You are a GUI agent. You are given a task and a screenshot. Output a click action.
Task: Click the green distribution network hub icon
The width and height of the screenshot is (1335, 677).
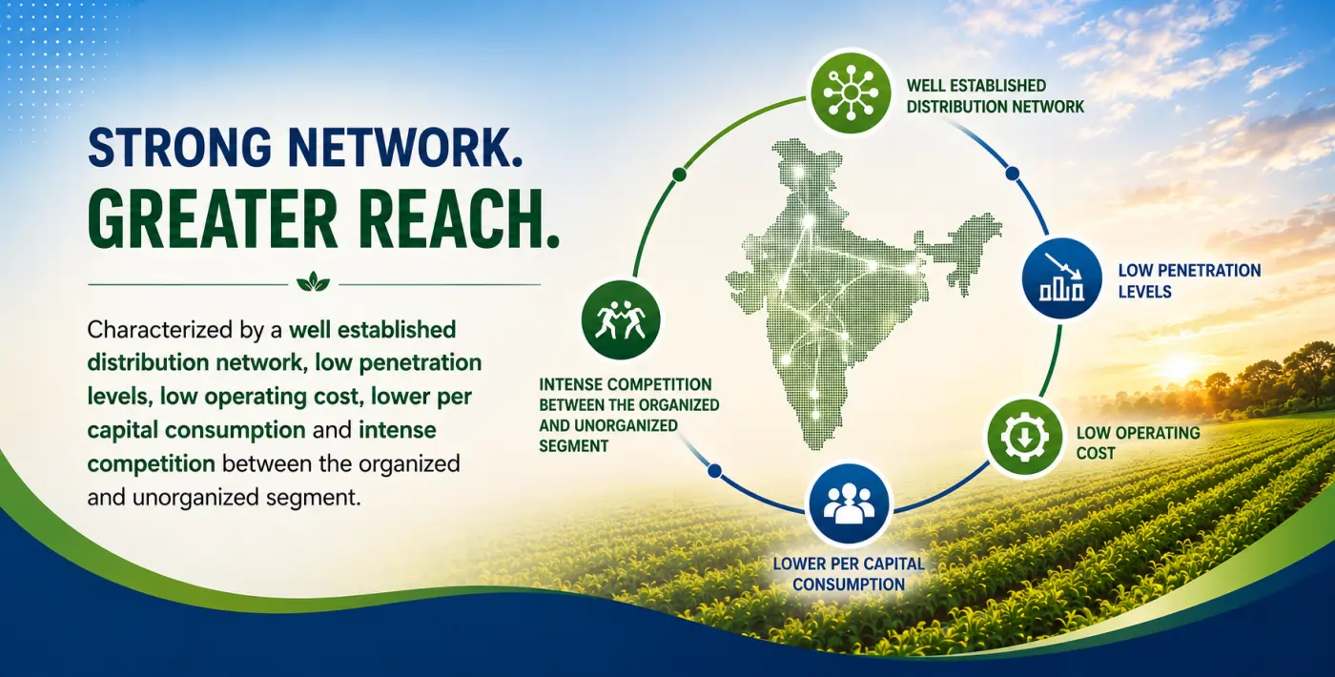pyautogui.click(x=851, y=92)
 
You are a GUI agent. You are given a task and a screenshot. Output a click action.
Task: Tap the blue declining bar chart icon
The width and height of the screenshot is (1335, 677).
pyautogui.click(x=1062, y=278)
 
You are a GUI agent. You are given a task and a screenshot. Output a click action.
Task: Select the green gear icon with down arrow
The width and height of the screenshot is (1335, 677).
pyautogui.click(x=1025, y=437)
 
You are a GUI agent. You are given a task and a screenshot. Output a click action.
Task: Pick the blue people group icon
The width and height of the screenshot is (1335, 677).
pyautogui.click(x=850, y=503)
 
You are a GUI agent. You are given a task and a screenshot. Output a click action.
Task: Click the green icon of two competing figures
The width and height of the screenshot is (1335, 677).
pyautogui.click(x=621, y=319)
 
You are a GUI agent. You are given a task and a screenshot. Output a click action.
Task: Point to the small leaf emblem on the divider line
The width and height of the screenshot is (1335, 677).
pyautogui.click(x=314, y=281)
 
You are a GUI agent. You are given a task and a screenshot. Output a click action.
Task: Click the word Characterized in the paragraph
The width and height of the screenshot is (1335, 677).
pyautogui.click(x=169, y=329)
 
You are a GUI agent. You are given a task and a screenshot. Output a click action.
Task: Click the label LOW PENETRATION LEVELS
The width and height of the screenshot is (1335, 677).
pyautogui.click(x=1189, y=280)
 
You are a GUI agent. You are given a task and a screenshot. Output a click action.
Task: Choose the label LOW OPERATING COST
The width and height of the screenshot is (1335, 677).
pyautogui.click(x=1138, y=442)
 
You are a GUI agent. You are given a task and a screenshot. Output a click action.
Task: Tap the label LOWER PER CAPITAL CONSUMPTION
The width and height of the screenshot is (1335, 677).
pyautogui.click(x=849, y=573)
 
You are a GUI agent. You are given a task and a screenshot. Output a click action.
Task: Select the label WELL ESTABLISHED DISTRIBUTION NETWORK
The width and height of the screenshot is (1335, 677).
pyautogui.click(x=995, y=96)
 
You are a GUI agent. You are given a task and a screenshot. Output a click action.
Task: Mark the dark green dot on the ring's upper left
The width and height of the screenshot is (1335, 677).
pyautogui.click(x=678, y=174)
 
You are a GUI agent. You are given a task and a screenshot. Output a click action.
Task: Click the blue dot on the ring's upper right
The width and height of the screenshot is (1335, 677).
pyautogui.click(x=1012, y=174)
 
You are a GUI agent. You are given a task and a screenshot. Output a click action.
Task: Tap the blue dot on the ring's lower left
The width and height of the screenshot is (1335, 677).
pyautogui.click(x=714, y=471)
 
